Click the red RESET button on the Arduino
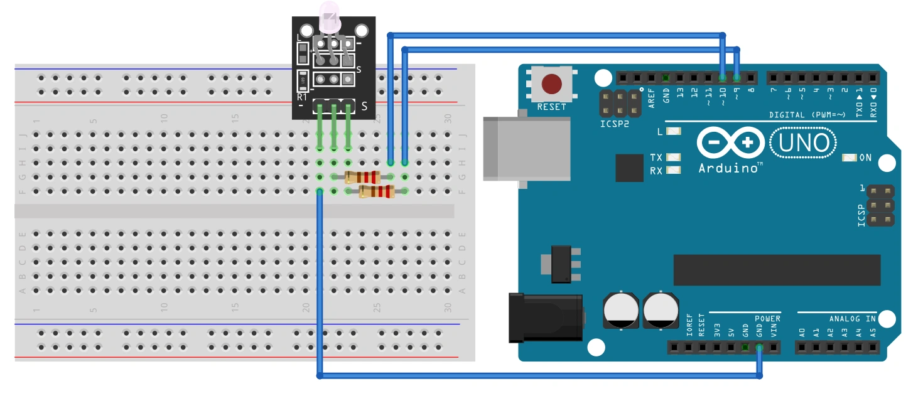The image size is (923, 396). tap(551, 83)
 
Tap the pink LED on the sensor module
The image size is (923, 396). tap(330, 15)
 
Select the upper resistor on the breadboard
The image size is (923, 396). tap(362, 177)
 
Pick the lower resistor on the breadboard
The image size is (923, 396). tap(377, 191)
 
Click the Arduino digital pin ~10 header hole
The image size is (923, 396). tap(723, 78)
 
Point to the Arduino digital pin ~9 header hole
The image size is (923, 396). tap(737, 78)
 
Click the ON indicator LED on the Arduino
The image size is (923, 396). tap(850, 158)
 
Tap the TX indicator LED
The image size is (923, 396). tap(674, 157)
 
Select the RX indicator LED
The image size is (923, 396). tap(674, 170)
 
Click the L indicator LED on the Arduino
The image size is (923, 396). tap(674, 132)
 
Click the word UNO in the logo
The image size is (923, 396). tap(804, 144)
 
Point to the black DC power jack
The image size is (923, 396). tap(546, 318)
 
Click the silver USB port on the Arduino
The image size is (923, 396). tap(526, 149)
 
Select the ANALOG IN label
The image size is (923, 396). tap(852, 319)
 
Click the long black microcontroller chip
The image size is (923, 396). tap(777, 270)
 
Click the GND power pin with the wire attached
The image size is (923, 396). tap(759, 347)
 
